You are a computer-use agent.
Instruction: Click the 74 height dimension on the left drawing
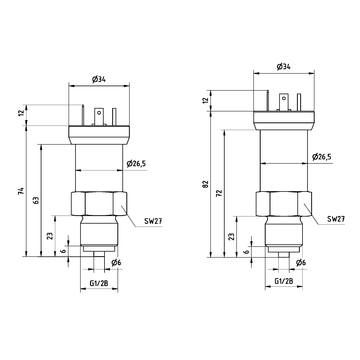[x=21, y=191]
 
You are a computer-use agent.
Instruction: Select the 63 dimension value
[x=36, y=200]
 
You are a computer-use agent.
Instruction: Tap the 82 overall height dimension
[x=205, y=184]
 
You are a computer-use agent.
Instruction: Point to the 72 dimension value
[x=219, y=193]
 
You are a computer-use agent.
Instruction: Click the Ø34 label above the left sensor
[x=99, y=79]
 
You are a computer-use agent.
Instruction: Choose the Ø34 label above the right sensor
[x=284, y=67]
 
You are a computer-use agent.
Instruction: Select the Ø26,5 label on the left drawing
[x=136, y=163]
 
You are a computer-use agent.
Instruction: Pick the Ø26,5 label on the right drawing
[x=322, y=157]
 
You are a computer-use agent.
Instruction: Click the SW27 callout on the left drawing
[x=153, y=221]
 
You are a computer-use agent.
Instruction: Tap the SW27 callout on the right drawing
[x=336, y=219]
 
